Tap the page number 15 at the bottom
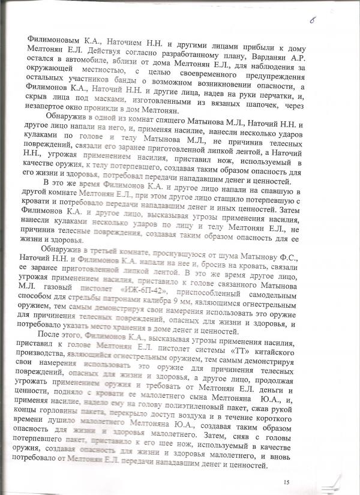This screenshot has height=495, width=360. point(286,482)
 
